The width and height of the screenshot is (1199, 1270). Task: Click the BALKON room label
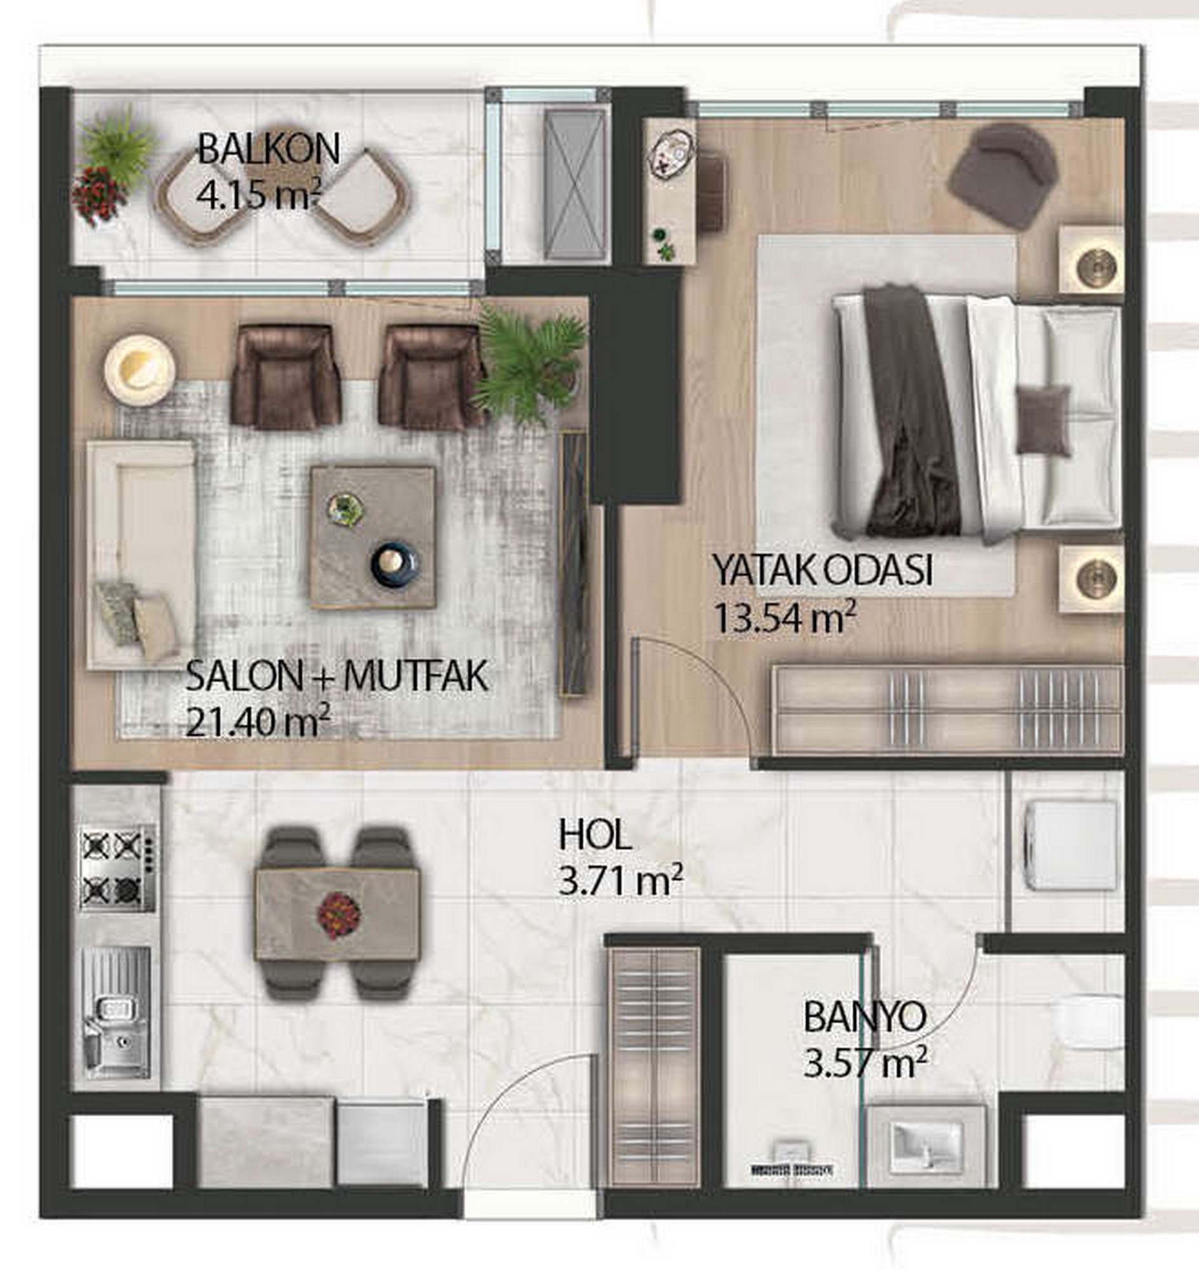[269, 149]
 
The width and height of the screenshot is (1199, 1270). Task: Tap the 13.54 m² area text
[784, 619]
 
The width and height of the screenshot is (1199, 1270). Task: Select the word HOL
[595, 836]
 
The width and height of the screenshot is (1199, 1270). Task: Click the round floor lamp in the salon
[140, 370]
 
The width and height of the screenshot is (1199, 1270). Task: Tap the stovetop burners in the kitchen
[117, 867]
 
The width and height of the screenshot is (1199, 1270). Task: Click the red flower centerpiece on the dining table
[338, 916]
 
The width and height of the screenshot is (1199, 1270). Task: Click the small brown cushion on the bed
[1043, 420]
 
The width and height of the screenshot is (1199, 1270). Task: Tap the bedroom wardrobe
[948, 710]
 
